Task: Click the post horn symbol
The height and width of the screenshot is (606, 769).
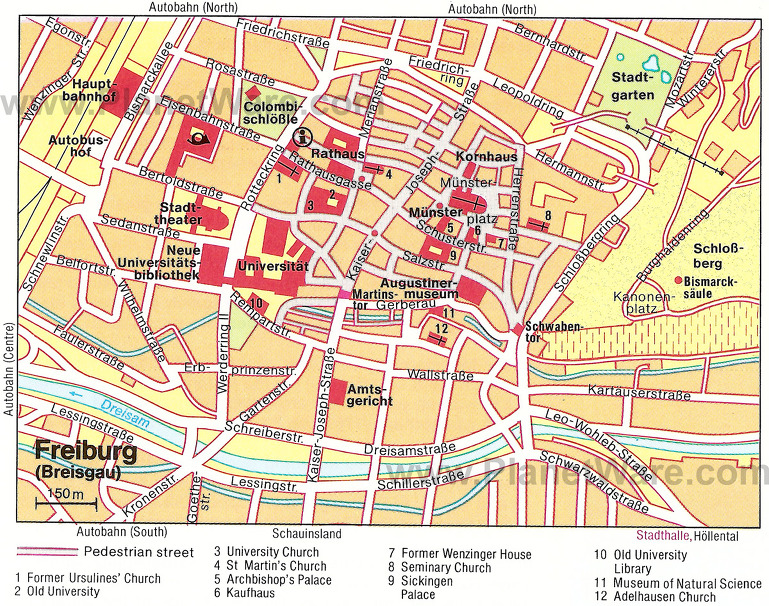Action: pos(201,135)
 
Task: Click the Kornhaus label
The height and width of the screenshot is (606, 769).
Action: pos(485,157)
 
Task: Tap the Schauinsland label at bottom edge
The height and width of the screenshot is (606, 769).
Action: pos(307,534)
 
